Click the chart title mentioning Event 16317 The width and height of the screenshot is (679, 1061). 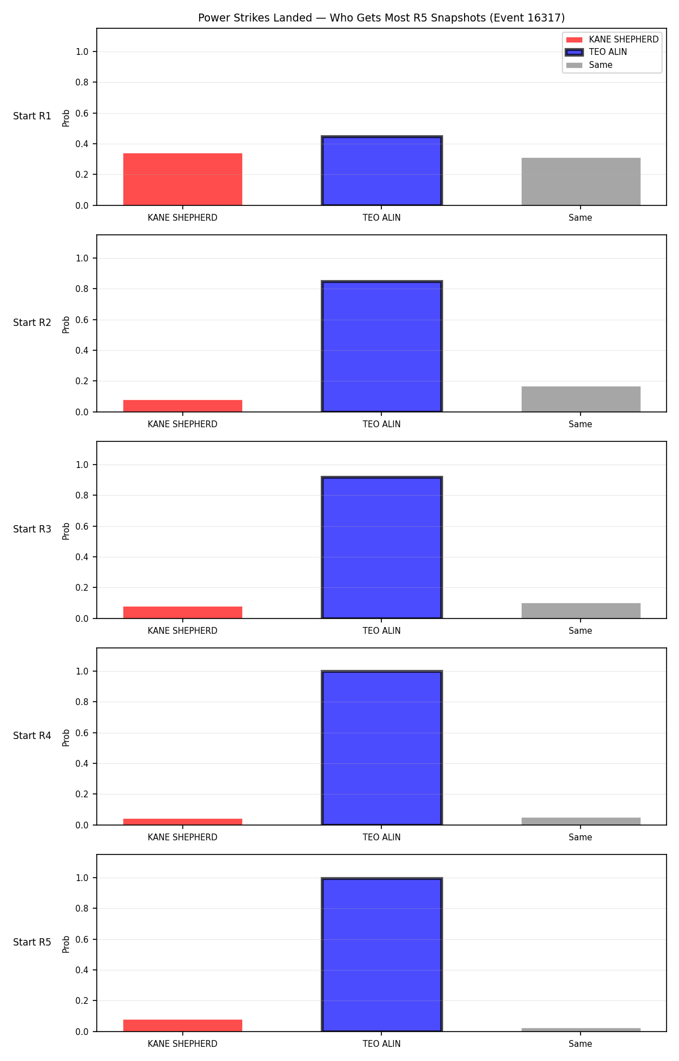tap(381, 18)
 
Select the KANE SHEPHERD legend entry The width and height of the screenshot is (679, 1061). tap(612, 40)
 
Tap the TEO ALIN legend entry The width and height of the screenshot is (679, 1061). tap(596, 52)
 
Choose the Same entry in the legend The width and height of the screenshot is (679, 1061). tap(589, 65)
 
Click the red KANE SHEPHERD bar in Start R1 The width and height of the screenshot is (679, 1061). tap(183, 179)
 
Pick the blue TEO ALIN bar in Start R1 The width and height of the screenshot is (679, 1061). tap(382, 171)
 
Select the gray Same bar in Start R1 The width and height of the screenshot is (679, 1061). tap(581, 182)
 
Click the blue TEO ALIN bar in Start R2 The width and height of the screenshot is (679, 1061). tap(382, 346)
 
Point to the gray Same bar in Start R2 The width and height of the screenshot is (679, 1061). tap(581, 399)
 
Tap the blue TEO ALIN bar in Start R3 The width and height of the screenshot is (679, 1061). tap(382, 548)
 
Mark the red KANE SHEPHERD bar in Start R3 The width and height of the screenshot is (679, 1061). tap(183, 612)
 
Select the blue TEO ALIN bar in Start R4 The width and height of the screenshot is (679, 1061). tap(382, 748)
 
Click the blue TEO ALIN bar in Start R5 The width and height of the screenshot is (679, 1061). tap(382, 955)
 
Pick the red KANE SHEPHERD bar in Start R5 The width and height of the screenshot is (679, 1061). tap(183, 1025)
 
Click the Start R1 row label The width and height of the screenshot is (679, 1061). tap(32, 116)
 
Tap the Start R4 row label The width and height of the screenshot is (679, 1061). tap(32, 736)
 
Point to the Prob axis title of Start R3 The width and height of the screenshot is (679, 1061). tap(66, 531)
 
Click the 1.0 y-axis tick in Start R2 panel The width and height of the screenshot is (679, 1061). tap(82, 258)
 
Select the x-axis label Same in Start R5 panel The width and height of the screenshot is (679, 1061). tap(581, 1044)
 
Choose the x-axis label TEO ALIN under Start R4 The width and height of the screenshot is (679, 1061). tap(382, 837)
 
